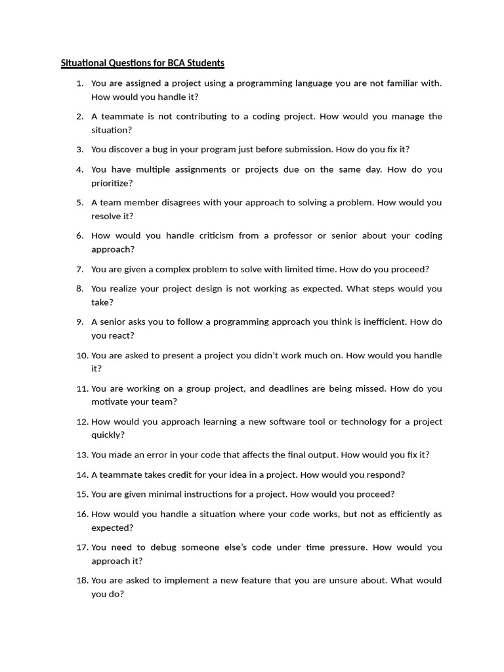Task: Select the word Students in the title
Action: click(x=203, y=63)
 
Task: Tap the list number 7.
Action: click(x=79, y=269)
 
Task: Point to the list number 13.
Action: click(x=81, y=455)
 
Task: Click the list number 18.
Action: click(x=81, y=580)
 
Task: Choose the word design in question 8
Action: click(x=222, y=289)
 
